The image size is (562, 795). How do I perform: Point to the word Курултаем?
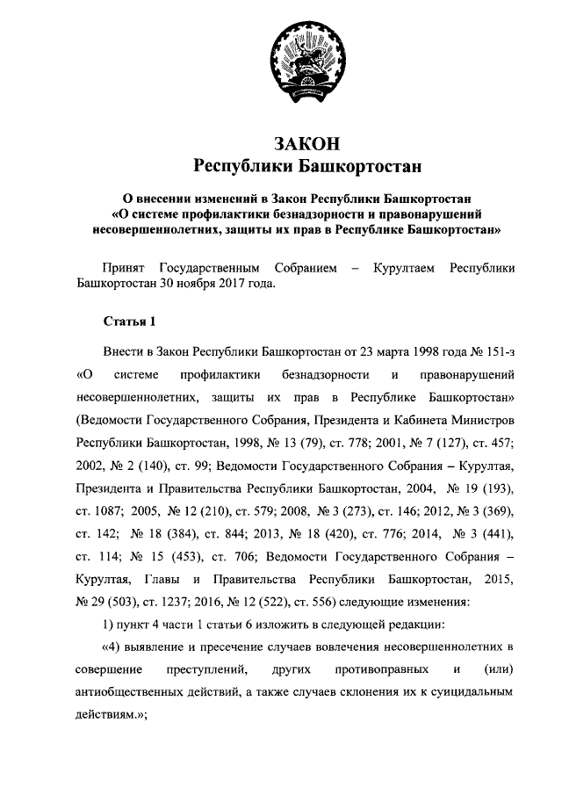pyautogui.click(x=404, y=267)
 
